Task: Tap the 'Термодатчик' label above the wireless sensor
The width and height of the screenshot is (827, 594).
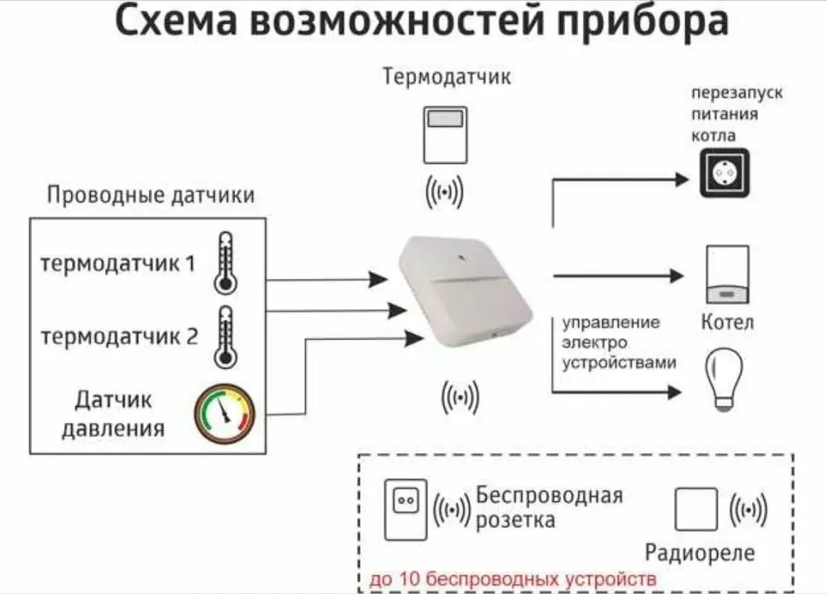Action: [x=446, y=78]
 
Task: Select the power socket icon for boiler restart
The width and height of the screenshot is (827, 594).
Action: [x=724, y=173]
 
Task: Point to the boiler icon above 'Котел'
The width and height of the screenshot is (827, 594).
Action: [x=728, y=274]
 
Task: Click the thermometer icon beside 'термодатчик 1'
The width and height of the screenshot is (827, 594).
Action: [x=224, y=262]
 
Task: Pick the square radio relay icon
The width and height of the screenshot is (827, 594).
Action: [x=696, y=509]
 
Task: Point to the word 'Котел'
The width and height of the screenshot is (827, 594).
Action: [x=728, y=321]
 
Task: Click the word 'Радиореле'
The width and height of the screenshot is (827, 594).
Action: [x=700, y=552]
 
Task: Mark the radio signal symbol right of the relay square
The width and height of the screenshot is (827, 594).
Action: [x=748, y=509]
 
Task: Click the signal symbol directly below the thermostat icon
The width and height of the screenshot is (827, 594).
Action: [x=444, y=193]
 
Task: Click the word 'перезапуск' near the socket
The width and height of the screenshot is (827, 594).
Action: [x=738, y=92]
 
